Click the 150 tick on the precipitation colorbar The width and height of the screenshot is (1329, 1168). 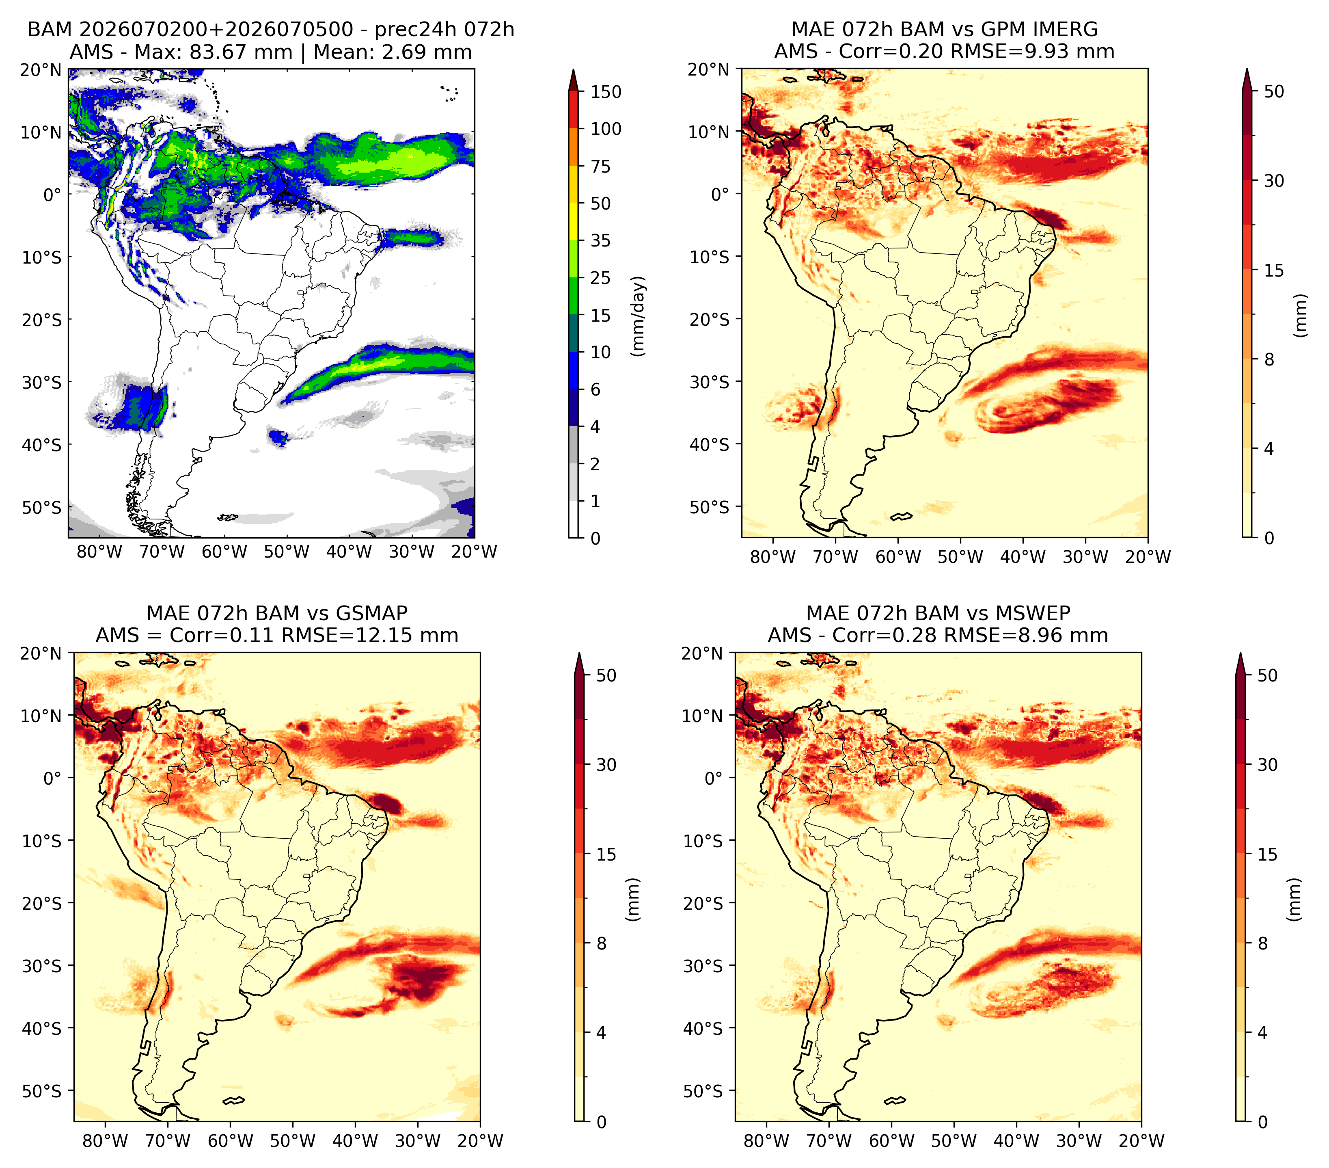click(x=605, y=92)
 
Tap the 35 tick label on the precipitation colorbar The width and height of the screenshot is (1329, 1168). click(x=600, y=240)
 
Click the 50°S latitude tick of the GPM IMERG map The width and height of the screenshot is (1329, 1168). click(x=710, y=506)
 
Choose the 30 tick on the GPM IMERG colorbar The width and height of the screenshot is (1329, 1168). click(x=1274, y=181)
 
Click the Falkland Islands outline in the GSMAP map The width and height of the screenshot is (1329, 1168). click(x=233, y=1100)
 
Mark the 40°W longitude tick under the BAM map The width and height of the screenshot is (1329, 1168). click(x=349, y=552)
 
